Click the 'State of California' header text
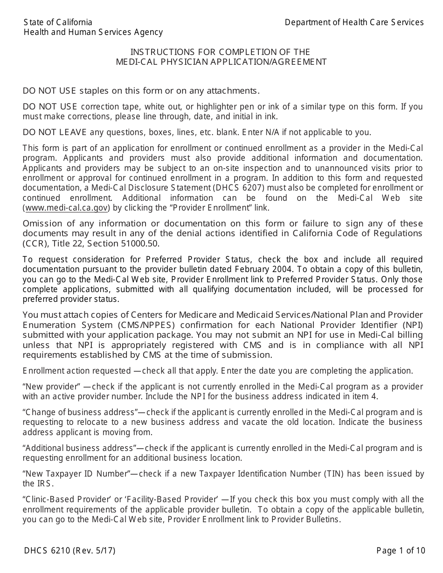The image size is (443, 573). click(58, 22)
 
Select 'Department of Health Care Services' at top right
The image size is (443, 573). click(354, 22)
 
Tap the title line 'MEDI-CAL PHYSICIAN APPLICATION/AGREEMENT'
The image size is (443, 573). click(221, 62)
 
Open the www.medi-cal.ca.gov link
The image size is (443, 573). click(67, 208)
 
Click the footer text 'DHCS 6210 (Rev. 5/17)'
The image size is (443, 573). click(69, 551)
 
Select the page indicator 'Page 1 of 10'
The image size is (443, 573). click(401, 551)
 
